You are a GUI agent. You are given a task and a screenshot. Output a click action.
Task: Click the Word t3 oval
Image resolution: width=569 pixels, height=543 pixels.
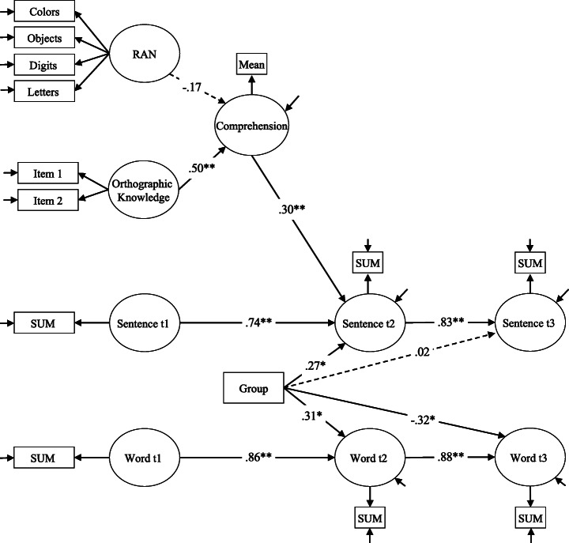[x=529, y=457]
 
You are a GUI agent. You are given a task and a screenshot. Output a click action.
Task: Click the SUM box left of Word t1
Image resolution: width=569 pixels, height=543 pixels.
[x=44, y=457]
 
